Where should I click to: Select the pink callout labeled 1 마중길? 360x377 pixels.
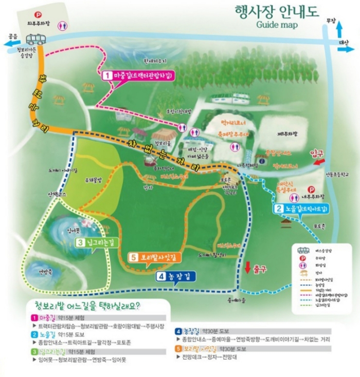pyautogui.click(x=139, y=76)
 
